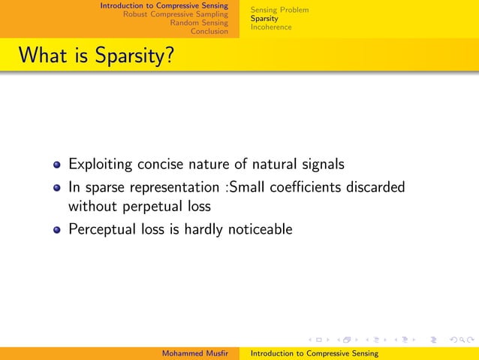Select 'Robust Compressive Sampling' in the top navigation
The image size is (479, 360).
pyautogui.click(x=175, y=14)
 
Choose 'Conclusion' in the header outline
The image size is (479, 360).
pyautogui.click(x=209, y=31)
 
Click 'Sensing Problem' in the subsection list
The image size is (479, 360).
pyautogui.click(x=279, y=10)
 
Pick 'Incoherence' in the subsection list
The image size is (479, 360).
pyautogui.click(x=271, y=27)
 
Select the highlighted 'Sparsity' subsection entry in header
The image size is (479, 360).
pyautogui.click(x=264, y=18)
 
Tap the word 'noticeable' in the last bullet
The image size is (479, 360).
pyautogui.click(x=258, y=229)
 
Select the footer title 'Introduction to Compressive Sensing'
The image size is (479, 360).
pyautogui.click(x=314, y=353)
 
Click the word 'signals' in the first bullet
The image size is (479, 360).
pyautogui.click(x=324, y=164)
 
